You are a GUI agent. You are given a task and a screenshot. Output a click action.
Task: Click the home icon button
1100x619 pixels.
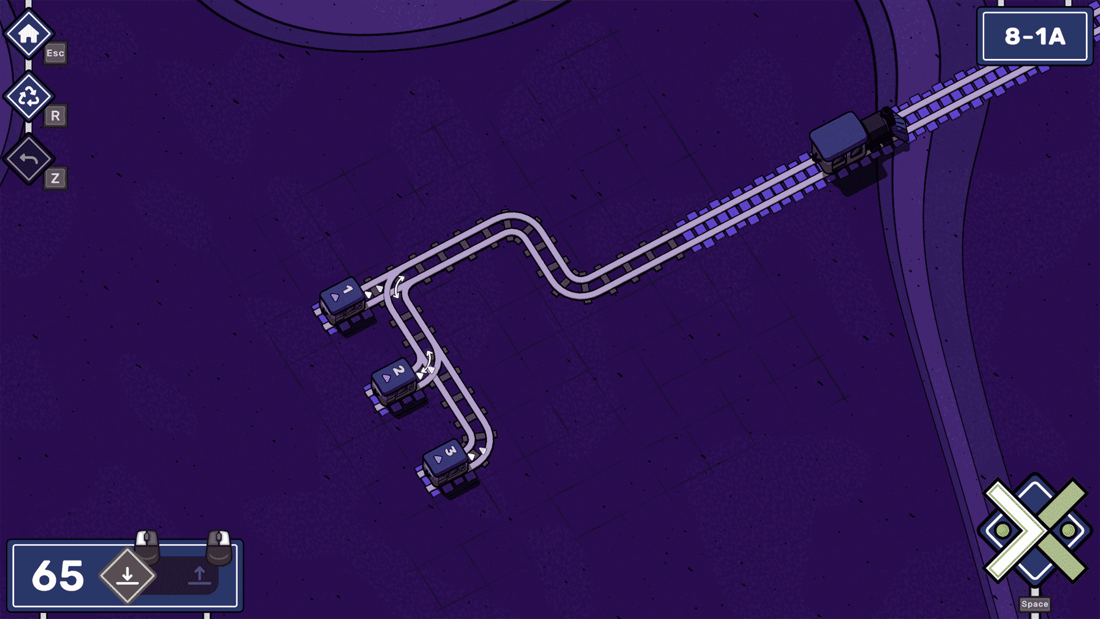coord(28,34)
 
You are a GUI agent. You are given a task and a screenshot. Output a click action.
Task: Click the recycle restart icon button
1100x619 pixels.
coord(28,96)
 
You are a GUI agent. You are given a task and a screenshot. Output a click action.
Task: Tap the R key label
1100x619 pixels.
coord(55,115)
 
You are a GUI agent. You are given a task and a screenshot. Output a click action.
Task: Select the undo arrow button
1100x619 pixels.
coord(28,159)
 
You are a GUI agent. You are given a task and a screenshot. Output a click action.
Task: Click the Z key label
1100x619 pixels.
coord(55,178)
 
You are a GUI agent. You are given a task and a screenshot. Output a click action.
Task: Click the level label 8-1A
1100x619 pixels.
coord(1035,37)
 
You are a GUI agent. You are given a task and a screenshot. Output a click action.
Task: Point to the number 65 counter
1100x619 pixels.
coord(58,576)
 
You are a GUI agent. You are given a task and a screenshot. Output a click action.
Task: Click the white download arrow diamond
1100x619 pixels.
coord(128,576)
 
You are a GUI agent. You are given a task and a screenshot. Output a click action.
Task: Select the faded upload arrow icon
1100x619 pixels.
coord(199,575)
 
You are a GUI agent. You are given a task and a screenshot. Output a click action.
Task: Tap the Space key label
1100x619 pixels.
coord(1035,604)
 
